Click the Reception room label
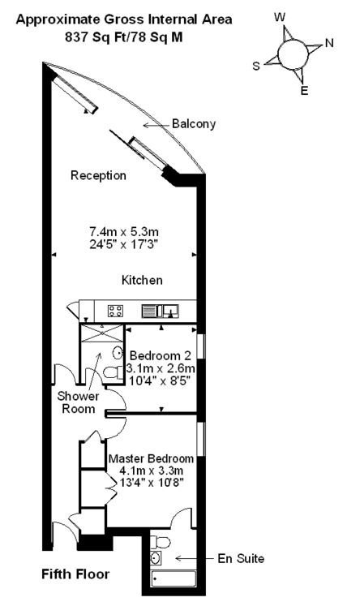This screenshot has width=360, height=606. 98,175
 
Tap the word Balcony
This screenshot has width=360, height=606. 194,124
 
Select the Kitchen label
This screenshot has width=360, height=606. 142,280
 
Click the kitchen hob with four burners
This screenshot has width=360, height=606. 115,311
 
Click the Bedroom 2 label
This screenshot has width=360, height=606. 161,355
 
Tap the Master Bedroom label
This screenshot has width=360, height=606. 151,458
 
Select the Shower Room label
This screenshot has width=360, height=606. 78,402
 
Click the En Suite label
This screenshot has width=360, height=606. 241,558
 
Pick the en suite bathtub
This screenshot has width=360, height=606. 174,578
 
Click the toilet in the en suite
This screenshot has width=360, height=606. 161,543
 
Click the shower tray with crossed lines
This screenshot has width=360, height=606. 101,333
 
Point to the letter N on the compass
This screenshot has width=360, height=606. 329,43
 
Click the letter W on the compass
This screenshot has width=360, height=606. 280,17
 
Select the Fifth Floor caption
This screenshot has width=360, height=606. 75,574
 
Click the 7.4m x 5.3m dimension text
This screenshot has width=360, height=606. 124,232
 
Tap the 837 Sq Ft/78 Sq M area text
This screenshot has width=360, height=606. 123,37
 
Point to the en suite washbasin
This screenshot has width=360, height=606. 156,558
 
